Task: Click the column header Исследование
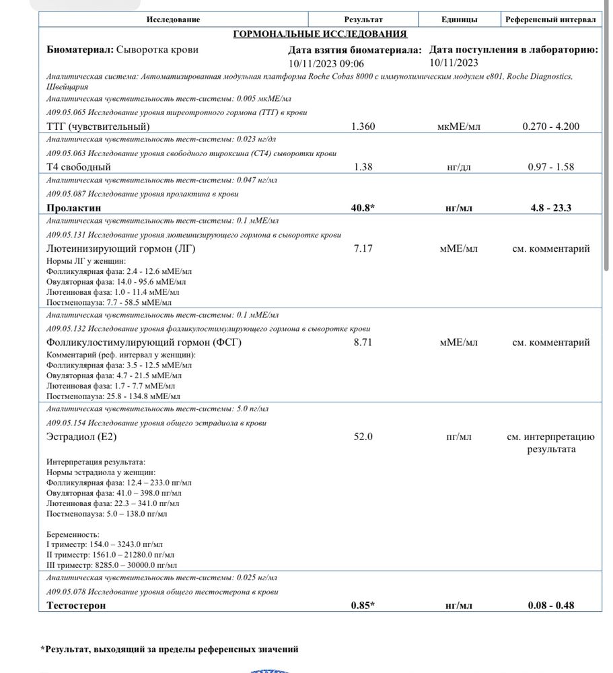point(173,20)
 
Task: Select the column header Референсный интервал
point(550,20)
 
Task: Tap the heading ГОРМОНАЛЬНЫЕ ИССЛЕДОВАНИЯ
point(320,34)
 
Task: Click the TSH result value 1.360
point(363,127)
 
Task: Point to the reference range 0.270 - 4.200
point(550,127)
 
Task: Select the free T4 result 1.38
point(363,167)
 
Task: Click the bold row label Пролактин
point(74,208)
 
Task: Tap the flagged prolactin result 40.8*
point(363,208)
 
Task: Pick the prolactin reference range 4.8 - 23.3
point(550,208)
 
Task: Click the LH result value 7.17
point(363,248)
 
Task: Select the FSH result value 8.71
point(363,343)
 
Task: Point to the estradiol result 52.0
point(363,437)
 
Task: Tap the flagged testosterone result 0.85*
point(363,605)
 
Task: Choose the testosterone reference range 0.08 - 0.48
point(550,605)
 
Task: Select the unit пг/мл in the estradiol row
point(459,437)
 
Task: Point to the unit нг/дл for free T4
point(459,167)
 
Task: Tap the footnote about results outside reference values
point(169,649)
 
